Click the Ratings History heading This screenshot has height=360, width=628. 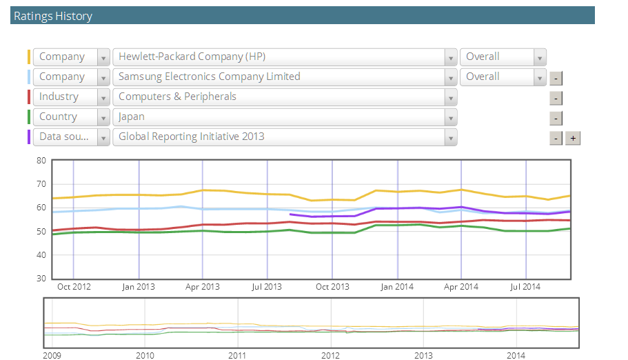click(x=53, y=16)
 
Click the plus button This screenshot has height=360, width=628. click(x=573, y=138)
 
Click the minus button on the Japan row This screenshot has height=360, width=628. click(x=556, y=118)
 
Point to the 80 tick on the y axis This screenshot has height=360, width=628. click(x=41, y=161)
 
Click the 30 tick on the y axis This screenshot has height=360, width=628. click(x=41, y=279)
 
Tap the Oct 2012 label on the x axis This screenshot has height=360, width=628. click(x=74, y=286)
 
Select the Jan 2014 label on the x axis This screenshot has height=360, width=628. click(x=397, y=286)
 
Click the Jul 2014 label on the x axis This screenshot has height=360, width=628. click(x=526, y=286)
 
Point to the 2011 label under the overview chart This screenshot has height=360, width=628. click(x=238, y=355)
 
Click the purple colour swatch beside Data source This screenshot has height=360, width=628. click(x=29, y=137)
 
